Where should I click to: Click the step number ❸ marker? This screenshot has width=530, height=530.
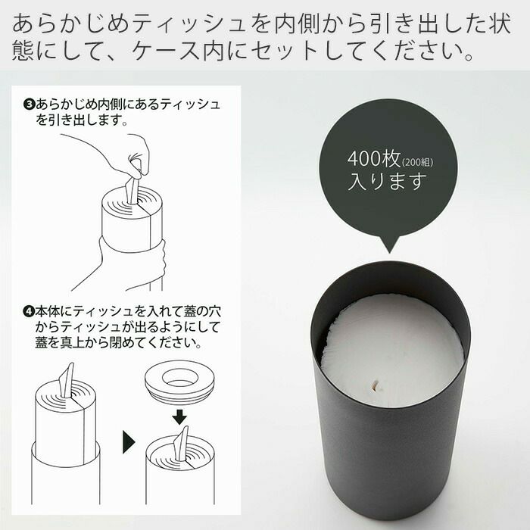point(30,104)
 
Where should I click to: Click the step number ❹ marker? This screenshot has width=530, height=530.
point(30,311)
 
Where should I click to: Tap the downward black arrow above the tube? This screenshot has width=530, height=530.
point(179,417)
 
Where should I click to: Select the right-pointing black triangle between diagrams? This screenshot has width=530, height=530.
point(129,441)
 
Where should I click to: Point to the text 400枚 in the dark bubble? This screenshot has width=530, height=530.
point(374,157)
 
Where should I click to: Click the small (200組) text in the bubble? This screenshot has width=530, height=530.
point(418,162)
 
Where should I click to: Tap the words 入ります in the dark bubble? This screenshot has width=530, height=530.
point(387,181)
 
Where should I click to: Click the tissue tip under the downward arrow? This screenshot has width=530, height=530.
point(182,443)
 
